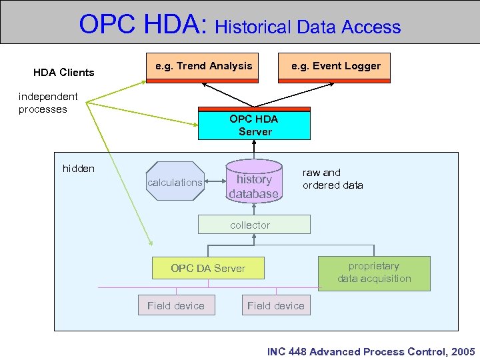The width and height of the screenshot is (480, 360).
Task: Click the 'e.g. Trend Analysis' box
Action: point(203,67)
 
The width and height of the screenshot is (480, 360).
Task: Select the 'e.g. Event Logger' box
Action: point(334,67)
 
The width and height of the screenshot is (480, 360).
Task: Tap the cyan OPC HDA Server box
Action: point(254,125)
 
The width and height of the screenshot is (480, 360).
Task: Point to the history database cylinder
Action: point(254,181)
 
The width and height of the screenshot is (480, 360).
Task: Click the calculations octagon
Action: point(175,181)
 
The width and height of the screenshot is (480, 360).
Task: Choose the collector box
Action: point(254,225)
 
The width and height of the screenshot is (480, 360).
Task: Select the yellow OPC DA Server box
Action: point(208,268)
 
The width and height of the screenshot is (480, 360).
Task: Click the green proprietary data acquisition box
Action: point(374,273)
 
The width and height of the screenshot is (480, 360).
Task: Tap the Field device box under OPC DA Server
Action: point(176,305)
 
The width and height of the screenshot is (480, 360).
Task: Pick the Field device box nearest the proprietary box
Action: point(275,305)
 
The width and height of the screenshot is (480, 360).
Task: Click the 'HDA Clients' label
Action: point(64,72)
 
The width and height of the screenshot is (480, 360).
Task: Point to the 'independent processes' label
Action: point(48,103)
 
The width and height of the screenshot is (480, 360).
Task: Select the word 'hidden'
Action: point(79,168)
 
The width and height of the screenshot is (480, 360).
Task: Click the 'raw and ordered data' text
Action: point(333,179)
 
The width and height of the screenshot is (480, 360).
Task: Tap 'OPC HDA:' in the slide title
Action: point(144,25)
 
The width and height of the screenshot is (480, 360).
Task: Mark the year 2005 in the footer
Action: point(463,351)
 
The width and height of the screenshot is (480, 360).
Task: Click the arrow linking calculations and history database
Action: point(215,181)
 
